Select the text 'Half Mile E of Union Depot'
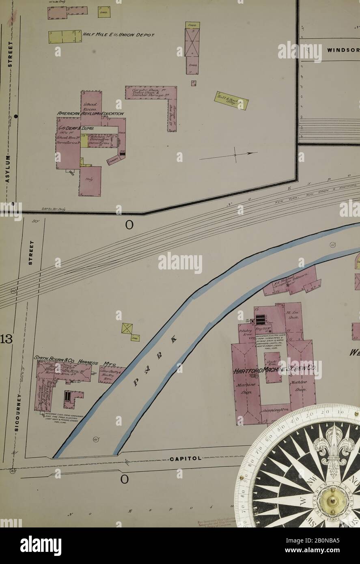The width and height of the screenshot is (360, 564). pyautogui.click(x=119, y=35)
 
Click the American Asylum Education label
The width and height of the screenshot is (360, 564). pyautogui.click(x=91, y=114)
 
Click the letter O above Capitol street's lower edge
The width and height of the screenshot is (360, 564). pyautogui.click(x=124, y=479)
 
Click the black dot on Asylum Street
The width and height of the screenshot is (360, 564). pyautogui.click(x=16, y=116)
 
